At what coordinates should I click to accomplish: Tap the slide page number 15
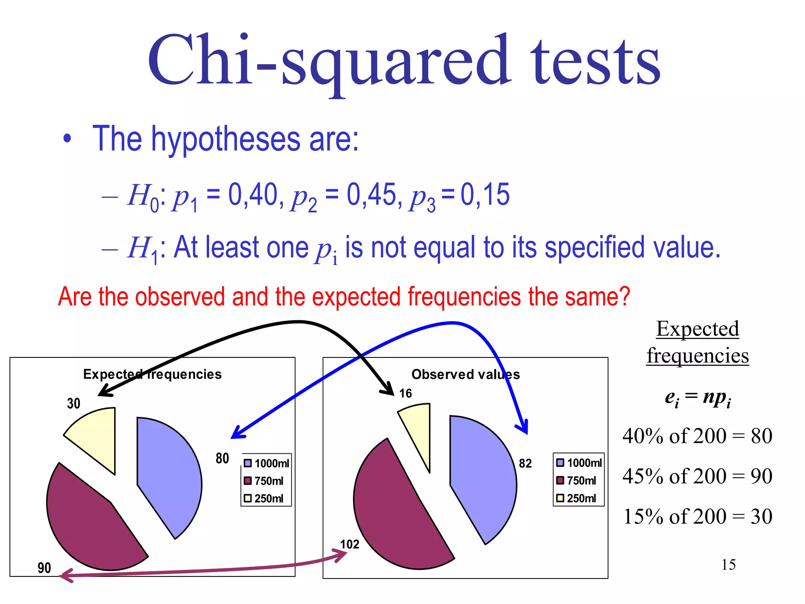click(x=728, y=565)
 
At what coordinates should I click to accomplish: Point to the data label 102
click(x=349, y=544)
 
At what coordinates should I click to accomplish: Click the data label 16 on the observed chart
click(x=405, y=393)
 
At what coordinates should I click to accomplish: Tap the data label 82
click(x=525, y=464)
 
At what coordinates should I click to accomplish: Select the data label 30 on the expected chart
click(x=74, y=403)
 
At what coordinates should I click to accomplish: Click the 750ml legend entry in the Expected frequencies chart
click(x=264, y=481)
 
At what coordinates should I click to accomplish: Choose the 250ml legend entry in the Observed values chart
click(x=577, y=498)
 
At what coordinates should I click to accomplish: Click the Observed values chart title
click(x=465, y=374)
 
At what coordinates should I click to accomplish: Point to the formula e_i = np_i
click(x=697, y=398)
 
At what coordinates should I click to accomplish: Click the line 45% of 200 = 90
click(x=697, y=476)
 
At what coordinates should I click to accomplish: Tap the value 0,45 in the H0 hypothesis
click(x=371, y=194)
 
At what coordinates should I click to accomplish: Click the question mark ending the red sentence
click(x=623, y=296)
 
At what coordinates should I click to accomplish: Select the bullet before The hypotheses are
click(x=68, y=139)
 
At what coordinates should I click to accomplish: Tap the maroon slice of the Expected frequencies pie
click(x=90, y=523)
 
